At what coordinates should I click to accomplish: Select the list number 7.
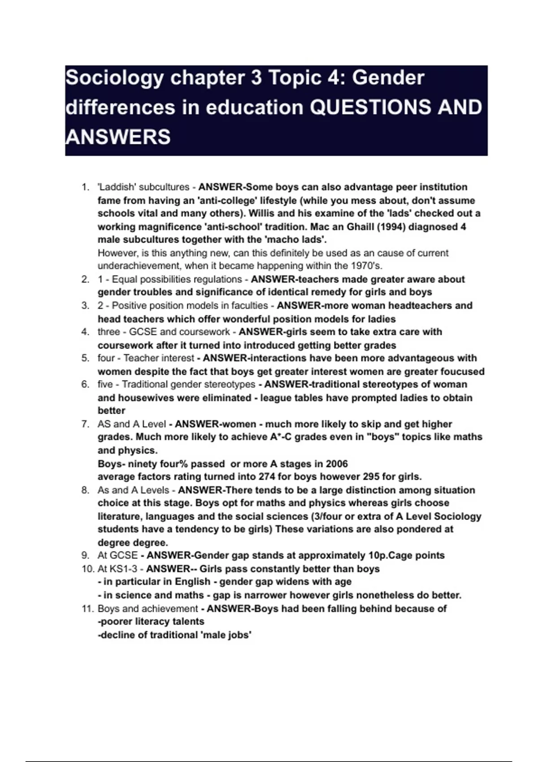pyautogui.click(x=85, y=424)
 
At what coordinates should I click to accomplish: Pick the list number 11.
pyautogui.click(x=87, y=609)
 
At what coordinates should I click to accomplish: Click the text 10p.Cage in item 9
pyautogui.click(x=388, y=555)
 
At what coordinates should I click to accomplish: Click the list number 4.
pyautogui.click(x=85, y=332)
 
